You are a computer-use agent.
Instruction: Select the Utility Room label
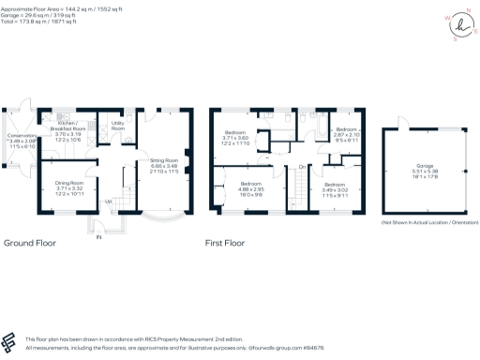pos(118,125)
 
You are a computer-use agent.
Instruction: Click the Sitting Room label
pos(165,160)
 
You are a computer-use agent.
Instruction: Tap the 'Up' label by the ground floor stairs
pos(107,201)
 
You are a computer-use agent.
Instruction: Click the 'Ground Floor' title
pos(29,242)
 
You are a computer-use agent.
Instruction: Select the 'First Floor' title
pos(230,242)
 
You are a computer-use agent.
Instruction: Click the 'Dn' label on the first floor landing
pos(302,166)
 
